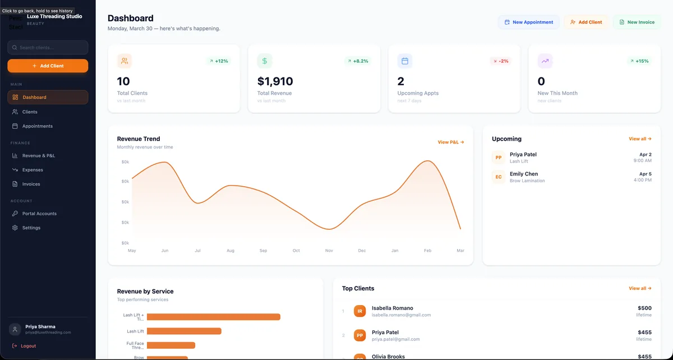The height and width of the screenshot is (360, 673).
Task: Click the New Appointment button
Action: click(528, 22)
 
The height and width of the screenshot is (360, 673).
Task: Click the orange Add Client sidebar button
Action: click(48, 66)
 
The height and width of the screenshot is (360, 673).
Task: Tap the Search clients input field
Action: click(48, 48)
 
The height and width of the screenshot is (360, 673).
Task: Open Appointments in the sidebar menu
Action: click(37, 126)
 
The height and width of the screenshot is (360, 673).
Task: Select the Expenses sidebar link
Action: click(33, 170)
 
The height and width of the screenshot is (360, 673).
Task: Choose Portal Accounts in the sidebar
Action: click(39, 214)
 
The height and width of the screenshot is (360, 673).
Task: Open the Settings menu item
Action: click(31, 228)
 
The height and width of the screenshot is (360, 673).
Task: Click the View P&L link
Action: click(451, 142)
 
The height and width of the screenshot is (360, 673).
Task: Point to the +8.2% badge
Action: click(358, 61)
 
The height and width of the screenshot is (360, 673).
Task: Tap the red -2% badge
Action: click(500, 61)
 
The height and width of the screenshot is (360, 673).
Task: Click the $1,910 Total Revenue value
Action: click(275, 82)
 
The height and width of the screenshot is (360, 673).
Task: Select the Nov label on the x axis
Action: click(329, 251)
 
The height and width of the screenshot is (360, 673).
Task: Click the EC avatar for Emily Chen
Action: click(499, 177)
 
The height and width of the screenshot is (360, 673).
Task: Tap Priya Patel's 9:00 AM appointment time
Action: click(642, 161)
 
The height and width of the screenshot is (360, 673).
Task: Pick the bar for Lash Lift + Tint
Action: click(213, 317)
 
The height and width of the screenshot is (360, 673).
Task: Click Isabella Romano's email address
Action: click(401, 315)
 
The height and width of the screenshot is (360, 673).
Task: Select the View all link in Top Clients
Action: click(640, 288)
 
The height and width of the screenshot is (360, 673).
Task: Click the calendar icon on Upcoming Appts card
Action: click(405, 61)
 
